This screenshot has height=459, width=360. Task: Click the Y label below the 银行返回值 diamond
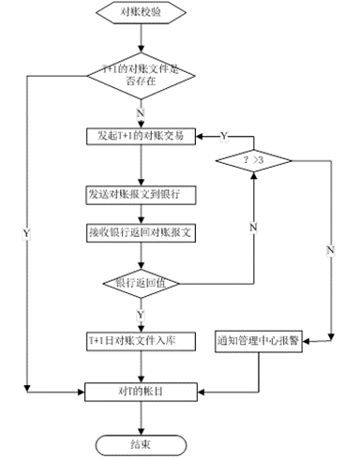pos(142,314)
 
